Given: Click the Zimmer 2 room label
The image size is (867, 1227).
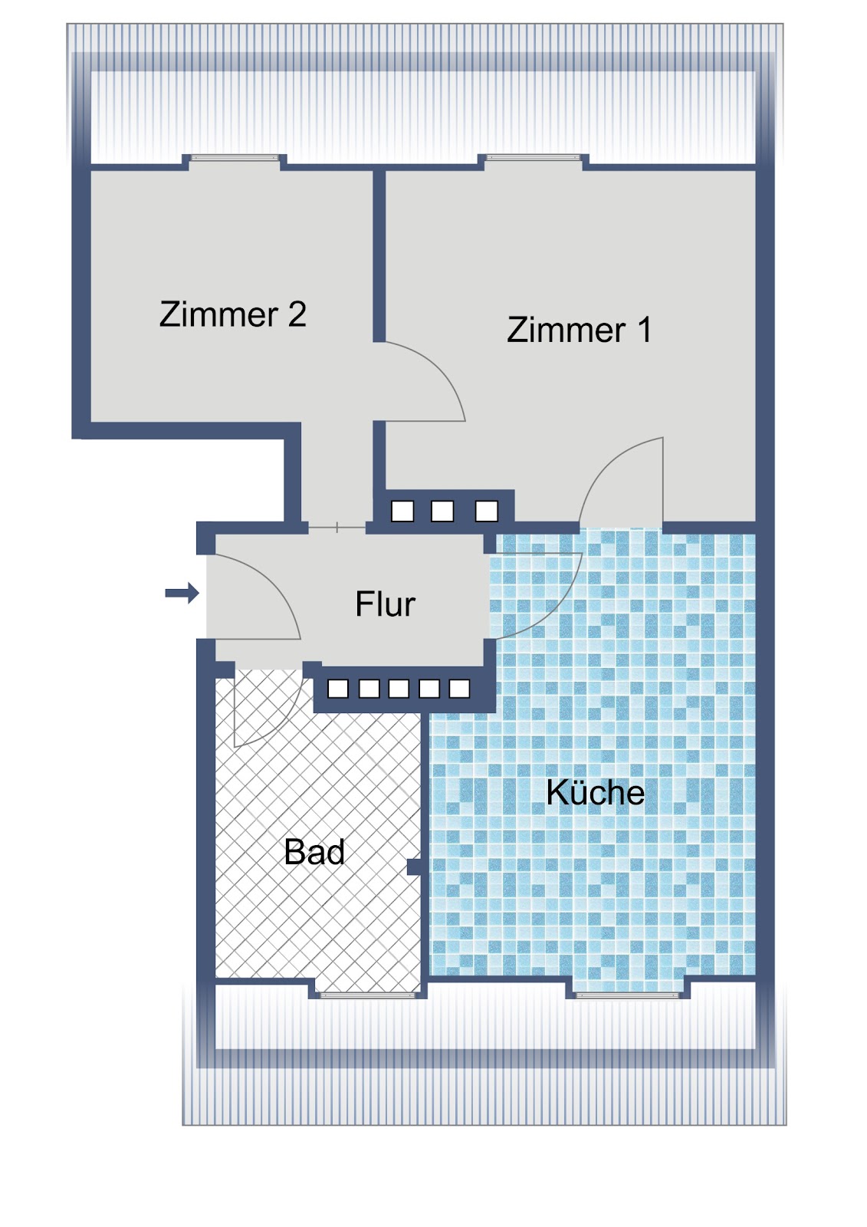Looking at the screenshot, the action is point(233,314).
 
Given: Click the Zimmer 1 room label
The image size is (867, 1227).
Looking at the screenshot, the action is point(580,329).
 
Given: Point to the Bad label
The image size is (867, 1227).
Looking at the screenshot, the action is point(314,852).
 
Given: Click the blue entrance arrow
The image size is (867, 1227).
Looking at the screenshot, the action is point(182,593).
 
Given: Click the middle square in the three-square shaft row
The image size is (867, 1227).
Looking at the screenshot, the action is point(442,511).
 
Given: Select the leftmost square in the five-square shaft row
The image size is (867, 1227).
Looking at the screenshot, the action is point(338,689).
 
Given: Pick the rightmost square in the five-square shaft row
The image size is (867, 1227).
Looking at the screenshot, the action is point(459,689).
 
